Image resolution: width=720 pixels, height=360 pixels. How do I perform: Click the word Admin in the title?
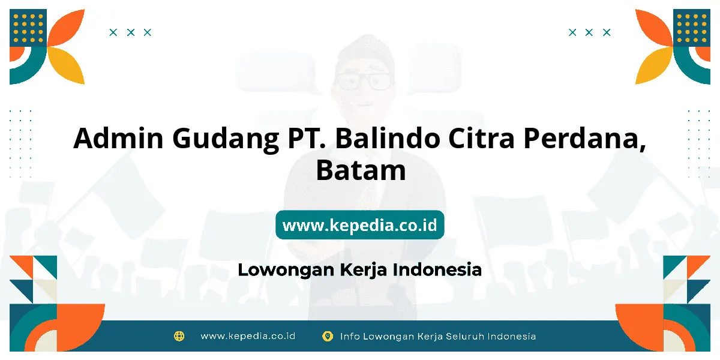coord(118,138)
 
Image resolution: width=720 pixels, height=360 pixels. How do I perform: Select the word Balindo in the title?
coord(388,138)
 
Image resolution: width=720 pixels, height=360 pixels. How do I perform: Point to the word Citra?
coord(481,138)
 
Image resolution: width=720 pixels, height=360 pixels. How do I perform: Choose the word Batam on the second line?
coord(361,170)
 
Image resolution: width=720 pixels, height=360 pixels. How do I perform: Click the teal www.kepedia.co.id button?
coord(360,224)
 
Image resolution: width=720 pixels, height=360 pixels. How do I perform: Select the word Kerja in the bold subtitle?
coord(363,270)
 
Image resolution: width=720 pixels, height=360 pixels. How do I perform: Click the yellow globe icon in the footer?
coord(179,336)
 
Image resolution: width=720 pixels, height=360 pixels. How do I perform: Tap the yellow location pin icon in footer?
coord(328,336)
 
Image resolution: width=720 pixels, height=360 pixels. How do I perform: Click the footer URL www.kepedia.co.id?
coord(248,336)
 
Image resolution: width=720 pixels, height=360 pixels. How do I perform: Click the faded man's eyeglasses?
coord(364,82)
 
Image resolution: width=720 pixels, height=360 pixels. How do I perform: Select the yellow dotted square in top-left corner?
coord(28,28)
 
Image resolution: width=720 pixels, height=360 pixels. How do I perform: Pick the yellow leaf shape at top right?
coord(654,65)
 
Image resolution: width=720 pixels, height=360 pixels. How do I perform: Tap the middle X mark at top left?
coord(131,32)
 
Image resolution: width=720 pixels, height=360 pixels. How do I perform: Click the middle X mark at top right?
coord(589,32)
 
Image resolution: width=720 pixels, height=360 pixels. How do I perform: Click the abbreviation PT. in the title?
coord(307,138)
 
